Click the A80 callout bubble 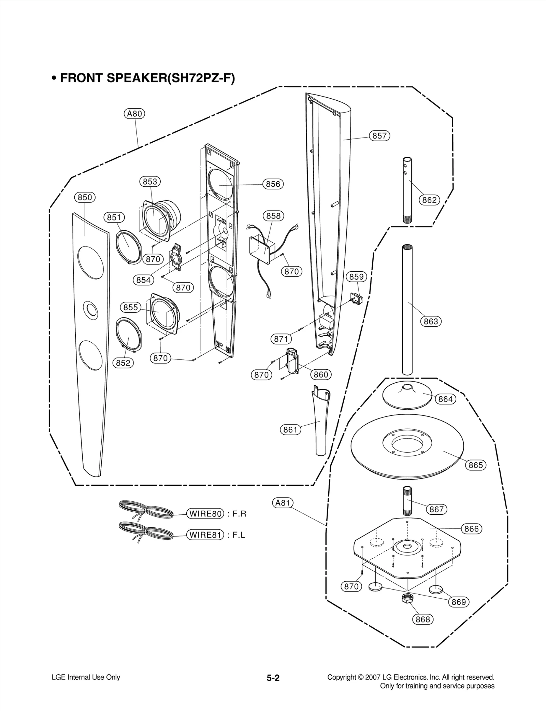pyautogui.click(x=134, y=114)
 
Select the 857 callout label pyautogui.click(x=379, y=136)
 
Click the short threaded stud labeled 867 pyautogui.click(x=407, y=501)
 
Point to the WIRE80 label pyautogui.click(x=205, y=514)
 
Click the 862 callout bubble pyautogui.click(x=429, y=200)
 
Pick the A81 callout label pyautogui.click(x=283, y=503)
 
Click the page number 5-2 pyautogui.click(x=273, y=678)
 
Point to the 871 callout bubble pyautogui.click(x=281, y=339)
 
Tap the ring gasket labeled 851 pyautogui.click(x=128, y=247)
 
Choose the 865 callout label pyautogui.click(x=476, y=465)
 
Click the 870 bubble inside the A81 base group pyautogui.click(x=351, y=586)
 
